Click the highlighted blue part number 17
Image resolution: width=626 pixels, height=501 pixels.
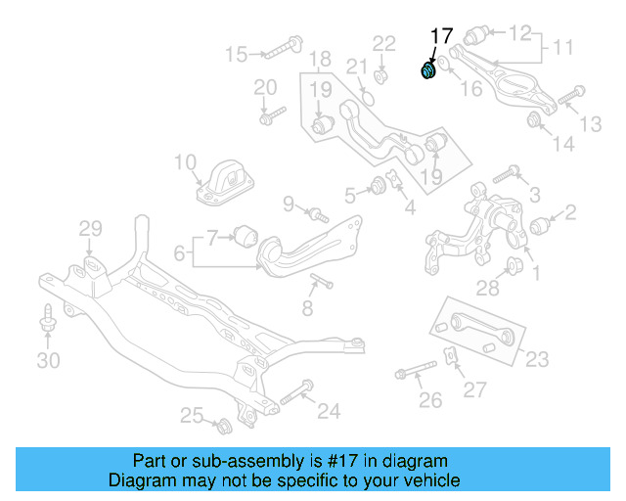[427, 70]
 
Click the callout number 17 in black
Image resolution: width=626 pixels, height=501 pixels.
[441, 36]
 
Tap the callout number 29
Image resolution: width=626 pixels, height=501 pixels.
[90, 228]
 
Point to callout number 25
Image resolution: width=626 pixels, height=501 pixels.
[192, 416]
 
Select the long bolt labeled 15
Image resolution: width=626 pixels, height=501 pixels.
[281, 45]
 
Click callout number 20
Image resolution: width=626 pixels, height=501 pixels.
[265, 87]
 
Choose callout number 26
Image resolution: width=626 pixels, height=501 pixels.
[430, 399]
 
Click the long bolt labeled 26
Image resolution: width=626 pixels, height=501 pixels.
[418, 372]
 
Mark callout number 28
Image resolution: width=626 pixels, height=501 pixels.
[488, 288]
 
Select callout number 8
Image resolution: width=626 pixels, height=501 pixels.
[307, 309]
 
